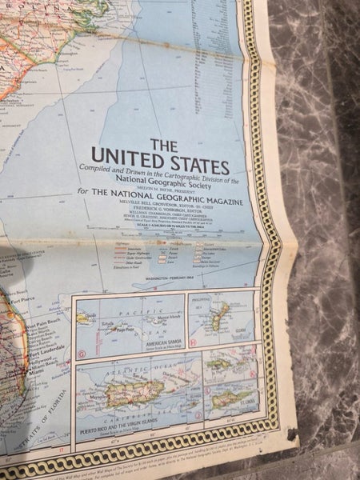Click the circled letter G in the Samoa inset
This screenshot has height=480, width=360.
tap(82, 353)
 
